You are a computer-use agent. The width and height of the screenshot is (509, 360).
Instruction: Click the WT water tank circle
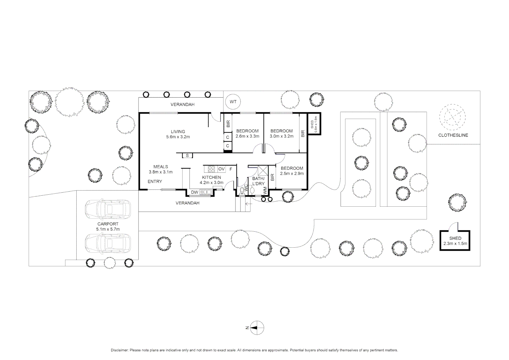[x=233, y=102]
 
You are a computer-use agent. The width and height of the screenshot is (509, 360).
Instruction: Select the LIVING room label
[x=178, y=132]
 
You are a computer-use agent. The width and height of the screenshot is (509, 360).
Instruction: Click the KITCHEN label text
[x=211, y=177]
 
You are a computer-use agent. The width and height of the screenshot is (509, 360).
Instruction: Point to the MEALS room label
[x=161, y=167]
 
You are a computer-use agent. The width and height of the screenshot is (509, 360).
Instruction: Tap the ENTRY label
[x=155, y=182]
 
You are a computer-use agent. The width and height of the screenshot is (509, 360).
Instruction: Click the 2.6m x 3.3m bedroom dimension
[x=247, y=136]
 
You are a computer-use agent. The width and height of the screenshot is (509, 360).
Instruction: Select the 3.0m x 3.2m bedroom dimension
[x=281, y=136]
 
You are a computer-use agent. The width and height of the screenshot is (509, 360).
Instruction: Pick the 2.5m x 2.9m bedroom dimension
[x=292, y=174]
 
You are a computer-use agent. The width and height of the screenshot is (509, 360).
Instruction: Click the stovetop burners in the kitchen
[x=211, y=169]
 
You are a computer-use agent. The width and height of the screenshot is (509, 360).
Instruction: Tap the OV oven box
[x=222, y=169]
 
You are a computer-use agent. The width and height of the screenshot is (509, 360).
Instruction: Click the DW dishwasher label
[x=195, y=192]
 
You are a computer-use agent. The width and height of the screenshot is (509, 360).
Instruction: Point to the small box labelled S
[x=187, y=156]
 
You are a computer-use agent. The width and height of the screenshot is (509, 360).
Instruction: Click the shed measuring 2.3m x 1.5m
[x=455, y=241]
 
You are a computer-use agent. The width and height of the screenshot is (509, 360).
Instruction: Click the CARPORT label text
[x=108, y=224]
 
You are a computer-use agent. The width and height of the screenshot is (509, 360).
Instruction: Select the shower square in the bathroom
[x=263, y=171]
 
